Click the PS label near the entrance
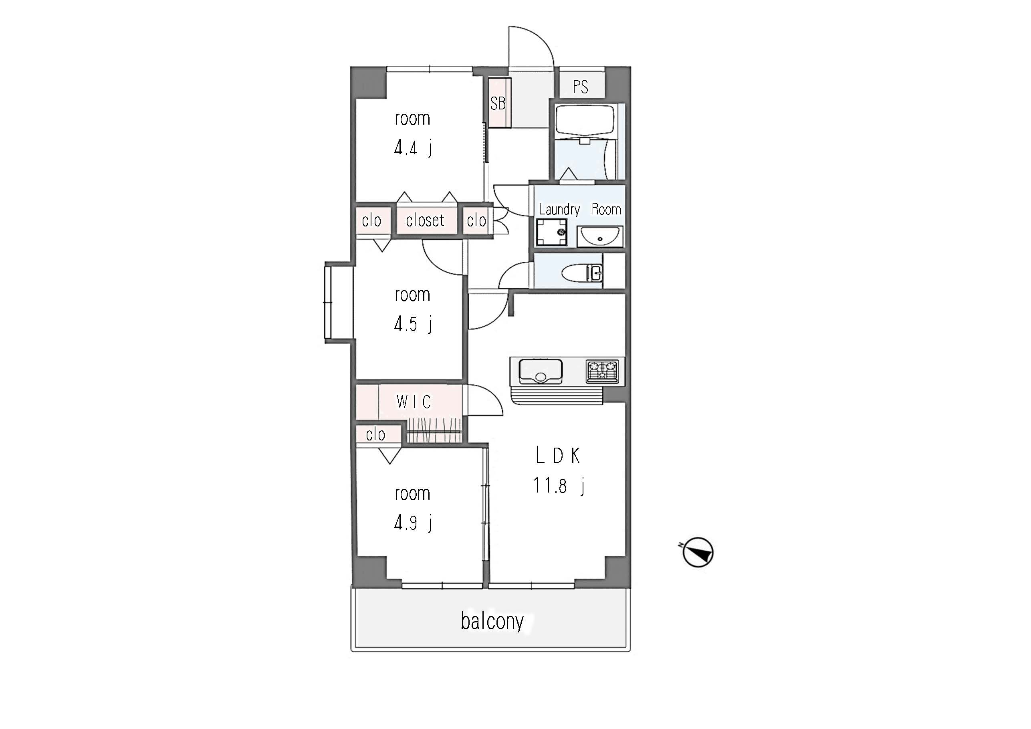580,87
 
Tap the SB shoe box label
498,104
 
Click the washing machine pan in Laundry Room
551,232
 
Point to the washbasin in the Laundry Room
600,236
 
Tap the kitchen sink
541,372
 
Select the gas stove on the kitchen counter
602,372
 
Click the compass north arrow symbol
697,552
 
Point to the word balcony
492,622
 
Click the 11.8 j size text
559,486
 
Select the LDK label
558,456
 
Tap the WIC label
414,402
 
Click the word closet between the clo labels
425,220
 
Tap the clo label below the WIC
375,435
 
